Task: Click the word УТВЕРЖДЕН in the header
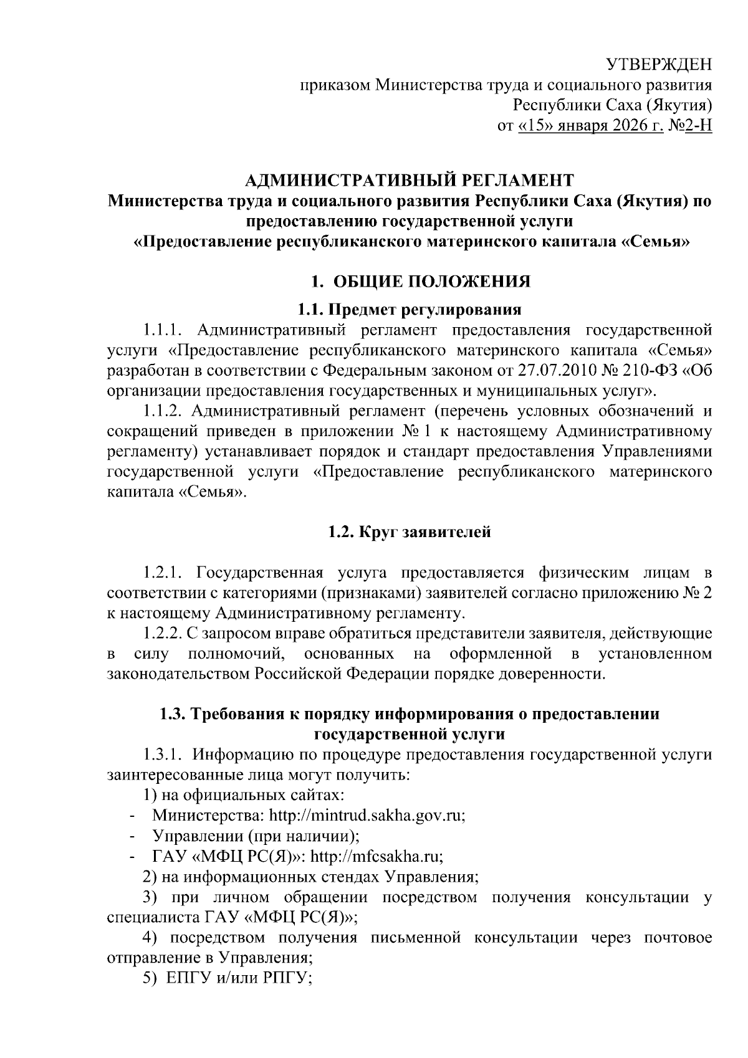pos(659,65)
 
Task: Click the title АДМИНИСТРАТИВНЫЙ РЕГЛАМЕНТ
pos(409,181)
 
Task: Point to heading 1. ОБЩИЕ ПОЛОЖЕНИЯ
pos(421,282)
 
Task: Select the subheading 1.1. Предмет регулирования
pos(409,309)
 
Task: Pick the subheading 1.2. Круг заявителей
pos(409,532)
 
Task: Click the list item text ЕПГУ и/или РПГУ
pos(239,979)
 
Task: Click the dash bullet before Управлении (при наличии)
pos(132,836)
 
